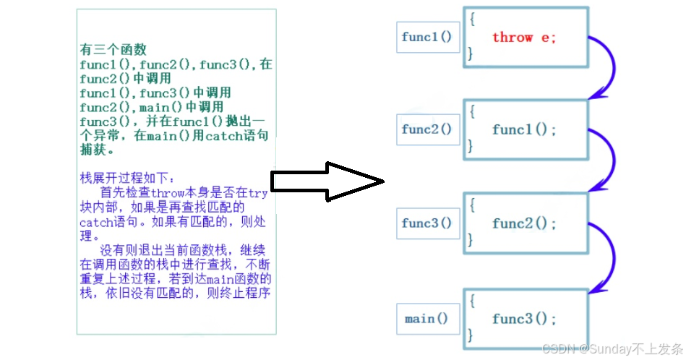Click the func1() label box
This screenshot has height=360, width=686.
coord(428,37)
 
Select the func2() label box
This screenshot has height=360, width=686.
coord(428,130)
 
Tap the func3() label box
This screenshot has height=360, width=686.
coord(428,223)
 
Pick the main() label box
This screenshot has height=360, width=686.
coord(428,319)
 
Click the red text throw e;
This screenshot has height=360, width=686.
coord(524,38)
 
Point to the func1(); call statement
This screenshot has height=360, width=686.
coord(524,130)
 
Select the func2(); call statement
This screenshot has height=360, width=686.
coord(524,223)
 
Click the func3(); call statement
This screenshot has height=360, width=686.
coord(524,319)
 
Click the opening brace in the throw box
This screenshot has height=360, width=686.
coord(471,20)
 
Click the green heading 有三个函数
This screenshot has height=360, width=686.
coord(113,50)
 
